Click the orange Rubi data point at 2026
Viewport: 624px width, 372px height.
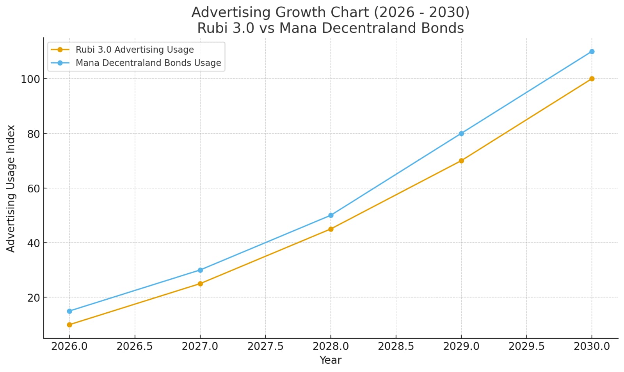(x=69, y=325)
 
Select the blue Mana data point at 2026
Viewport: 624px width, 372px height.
(x=69, y=311)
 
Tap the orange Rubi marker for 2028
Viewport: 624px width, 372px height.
(x=331, y=229)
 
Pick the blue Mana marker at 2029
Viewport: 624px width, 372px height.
(x=461, y=133)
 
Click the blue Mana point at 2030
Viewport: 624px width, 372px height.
(x=592, y=52)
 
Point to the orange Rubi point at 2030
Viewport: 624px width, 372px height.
(x=592, y=79)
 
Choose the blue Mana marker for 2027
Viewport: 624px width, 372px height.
(x=200, y=270)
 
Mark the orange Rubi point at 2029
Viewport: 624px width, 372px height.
(x=461, y=161)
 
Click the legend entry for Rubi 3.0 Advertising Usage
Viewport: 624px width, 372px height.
(x=134, y=50)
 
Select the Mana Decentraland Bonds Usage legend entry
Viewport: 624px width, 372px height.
(x=148, y=63)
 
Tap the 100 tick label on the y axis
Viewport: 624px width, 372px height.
(x=30, y=79)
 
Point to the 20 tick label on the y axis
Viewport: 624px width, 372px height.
(x=34, y=298)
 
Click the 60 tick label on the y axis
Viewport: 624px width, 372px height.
(x=34, y=189)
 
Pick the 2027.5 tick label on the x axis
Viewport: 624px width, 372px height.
(x=265, y=347)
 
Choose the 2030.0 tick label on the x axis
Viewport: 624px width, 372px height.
(x=592, y=347)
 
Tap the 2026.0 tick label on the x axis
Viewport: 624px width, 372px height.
(x=69, y=347)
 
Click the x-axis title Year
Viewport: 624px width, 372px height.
(x=331, y=360)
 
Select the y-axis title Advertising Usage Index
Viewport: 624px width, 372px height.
(x=11, y=189)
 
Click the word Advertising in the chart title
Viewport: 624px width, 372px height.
(x=230, y=12)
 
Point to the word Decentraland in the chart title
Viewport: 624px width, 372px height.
(x=363, y=28)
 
